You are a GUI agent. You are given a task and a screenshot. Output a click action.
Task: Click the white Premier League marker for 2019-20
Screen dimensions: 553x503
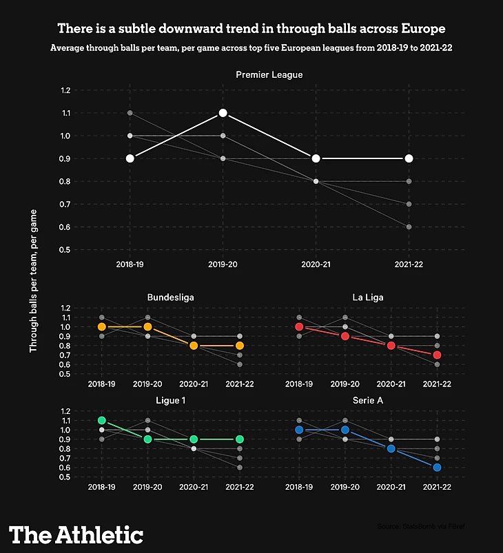223,113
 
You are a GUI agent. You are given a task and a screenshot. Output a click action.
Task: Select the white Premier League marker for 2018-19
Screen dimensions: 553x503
130,158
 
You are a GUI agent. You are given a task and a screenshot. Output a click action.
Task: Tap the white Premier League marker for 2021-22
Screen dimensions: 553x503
409,158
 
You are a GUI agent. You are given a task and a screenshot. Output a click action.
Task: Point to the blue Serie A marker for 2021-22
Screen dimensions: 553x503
437,467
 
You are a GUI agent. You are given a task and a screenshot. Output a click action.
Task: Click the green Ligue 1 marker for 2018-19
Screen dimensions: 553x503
102,420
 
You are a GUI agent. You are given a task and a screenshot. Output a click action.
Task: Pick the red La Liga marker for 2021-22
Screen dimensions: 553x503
437,355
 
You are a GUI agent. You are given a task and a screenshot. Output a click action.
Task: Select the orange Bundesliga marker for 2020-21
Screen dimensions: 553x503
194,346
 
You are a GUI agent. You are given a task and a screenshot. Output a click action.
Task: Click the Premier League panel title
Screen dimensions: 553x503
269,74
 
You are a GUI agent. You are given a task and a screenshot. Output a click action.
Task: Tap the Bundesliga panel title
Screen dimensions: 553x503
170,298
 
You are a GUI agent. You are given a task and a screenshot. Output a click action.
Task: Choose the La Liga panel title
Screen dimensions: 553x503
368,298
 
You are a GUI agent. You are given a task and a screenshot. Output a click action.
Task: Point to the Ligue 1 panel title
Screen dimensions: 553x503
170,399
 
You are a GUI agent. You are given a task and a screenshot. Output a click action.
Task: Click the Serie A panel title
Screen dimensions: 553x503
368,399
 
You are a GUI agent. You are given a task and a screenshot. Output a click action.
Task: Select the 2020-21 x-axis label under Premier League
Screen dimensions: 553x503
316,264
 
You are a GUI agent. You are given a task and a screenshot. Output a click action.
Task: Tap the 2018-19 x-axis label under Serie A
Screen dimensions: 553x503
299,487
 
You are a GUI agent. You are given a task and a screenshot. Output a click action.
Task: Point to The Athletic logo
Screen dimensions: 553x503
76,535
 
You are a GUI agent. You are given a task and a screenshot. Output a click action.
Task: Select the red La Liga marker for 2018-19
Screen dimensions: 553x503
299,327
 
